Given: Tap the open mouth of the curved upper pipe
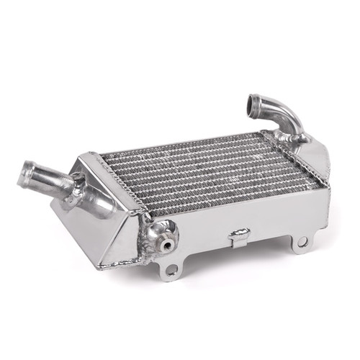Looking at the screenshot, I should click(x=256, y=103).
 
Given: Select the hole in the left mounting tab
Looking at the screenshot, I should click(x=171, y=270).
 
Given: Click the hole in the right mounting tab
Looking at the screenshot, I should click(x=302, y=242).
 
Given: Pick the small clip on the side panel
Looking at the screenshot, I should click(x=238, y=235).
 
